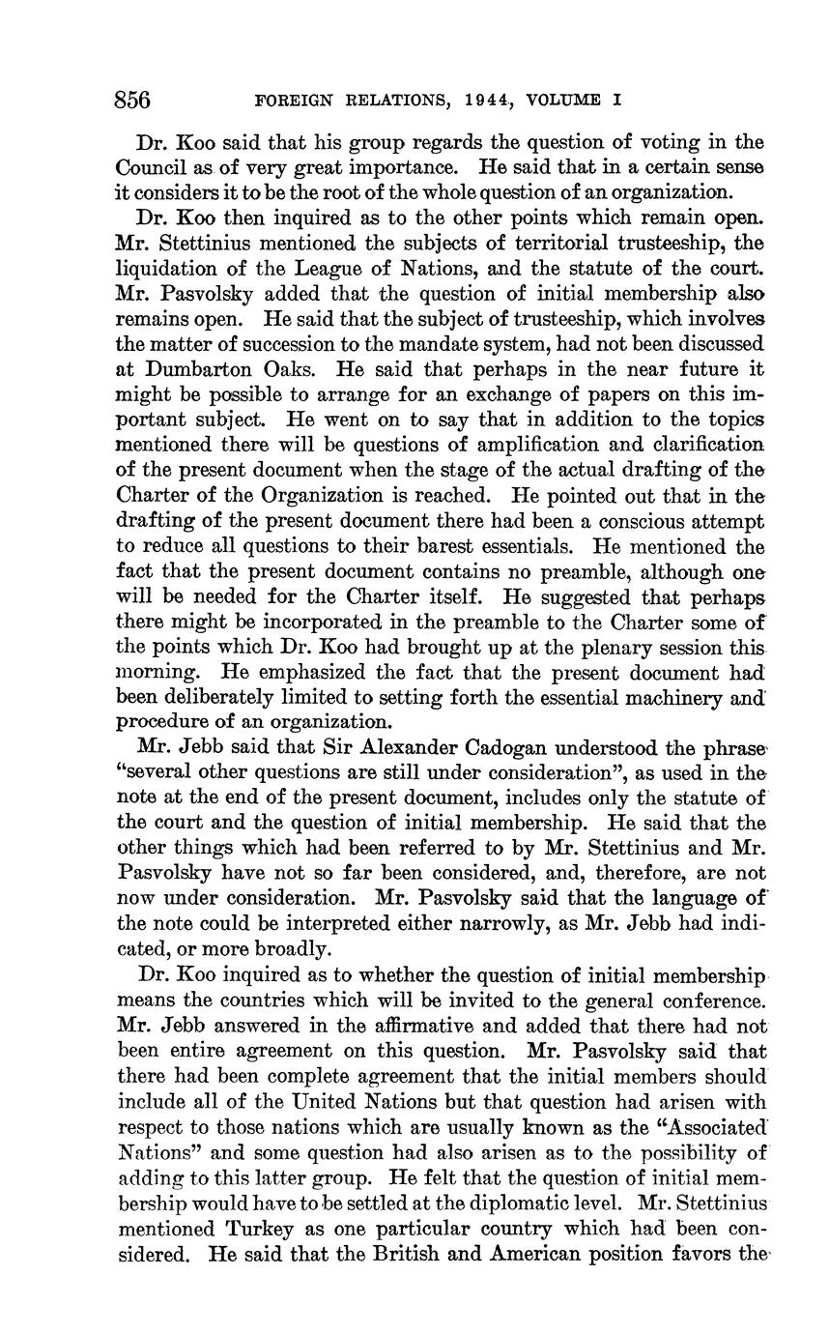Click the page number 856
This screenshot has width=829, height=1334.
[x=133, y=100]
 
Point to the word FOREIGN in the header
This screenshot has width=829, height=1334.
[x=292, y=100]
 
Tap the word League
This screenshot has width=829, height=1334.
[x=337, y=268]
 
